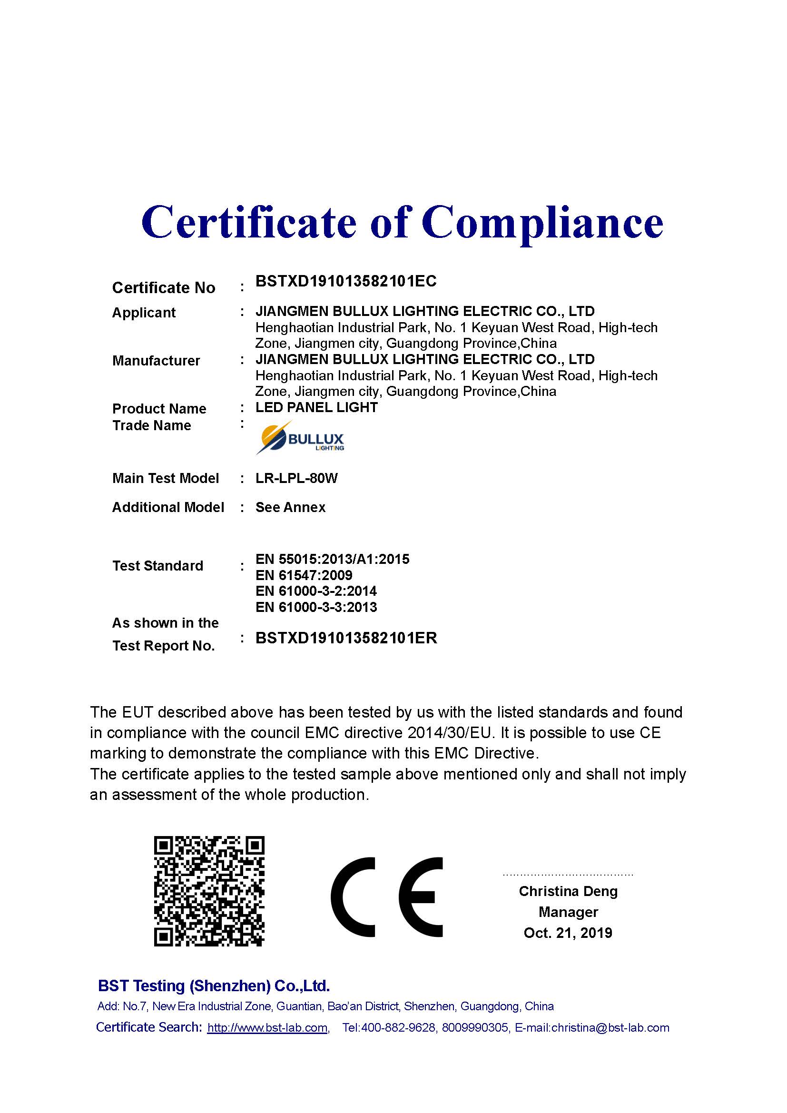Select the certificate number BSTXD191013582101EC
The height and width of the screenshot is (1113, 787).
(x=345, y=281)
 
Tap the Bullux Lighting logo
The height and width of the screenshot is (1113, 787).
(x=300, y=438)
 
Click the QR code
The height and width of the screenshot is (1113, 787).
(x=209, y=891)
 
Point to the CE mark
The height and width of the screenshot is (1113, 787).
(x=387, y=897)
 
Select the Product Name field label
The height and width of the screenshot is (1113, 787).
(x=159, y=409)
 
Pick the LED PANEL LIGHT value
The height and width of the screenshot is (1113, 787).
(x=316, y=407)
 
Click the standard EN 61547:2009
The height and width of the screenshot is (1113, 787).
(x=304, y=575)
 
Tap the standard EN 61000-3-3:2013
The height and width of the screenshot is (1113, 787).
(x=316, y=607)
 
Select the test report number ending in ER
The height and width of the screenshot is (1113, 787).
(x=346, y=638)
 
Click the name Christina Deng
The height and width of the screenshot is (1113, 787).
(x=568, y=891)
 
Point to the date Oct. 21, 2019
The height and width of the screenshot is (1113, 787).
(x=568, y=933)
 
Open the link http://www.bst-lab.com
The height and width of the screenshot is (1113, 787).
(x=267, y=1028)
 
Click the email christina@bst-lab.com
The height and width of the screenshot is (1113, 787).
(x=610, y=1028)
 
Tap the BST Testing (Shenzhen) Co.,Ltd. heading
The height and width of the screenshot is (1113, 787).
(x=214, y=986)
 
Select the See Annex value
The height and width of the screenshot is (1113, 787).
(x=290, y=508)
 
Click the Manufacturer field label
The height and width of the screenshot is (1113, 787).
(x=156, y=361)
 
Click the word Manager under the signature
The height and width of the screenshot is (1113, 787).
(x=568, y=912)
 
